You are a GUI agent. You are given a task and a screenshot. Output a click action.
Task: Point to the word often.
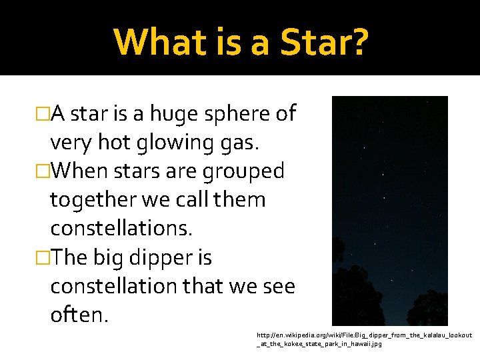click(79, 314)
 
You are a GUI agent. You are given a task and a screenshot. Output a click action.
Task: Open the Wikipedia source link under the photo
click(363, 339)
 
